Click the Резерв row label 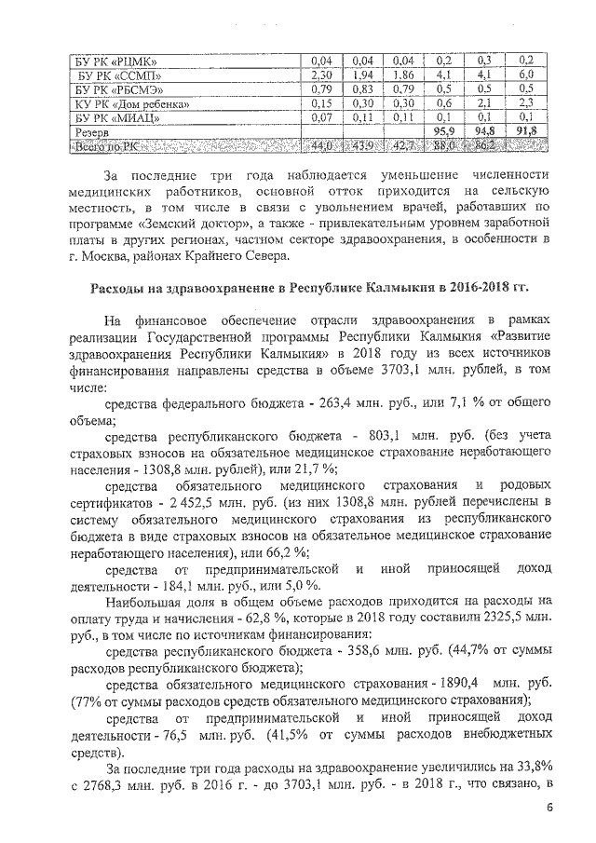(x=94, y=132)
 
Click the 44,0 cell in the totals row (x=322, y=146)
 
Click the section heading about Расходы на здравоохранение (x=308, y=288)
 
